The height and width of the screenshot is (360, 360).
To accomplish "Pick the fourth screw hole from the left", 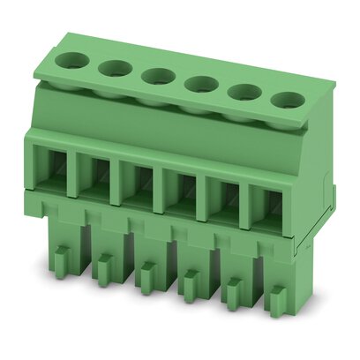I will [202, 85].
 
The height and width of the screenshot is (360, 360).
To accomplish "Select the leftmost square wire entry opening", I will [55, 169].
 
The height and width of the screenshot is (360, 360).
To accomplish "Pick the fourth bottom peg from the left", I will [189, 285].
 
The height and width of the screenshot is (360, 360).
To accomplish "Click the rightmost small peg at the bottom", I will [276, 300].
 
